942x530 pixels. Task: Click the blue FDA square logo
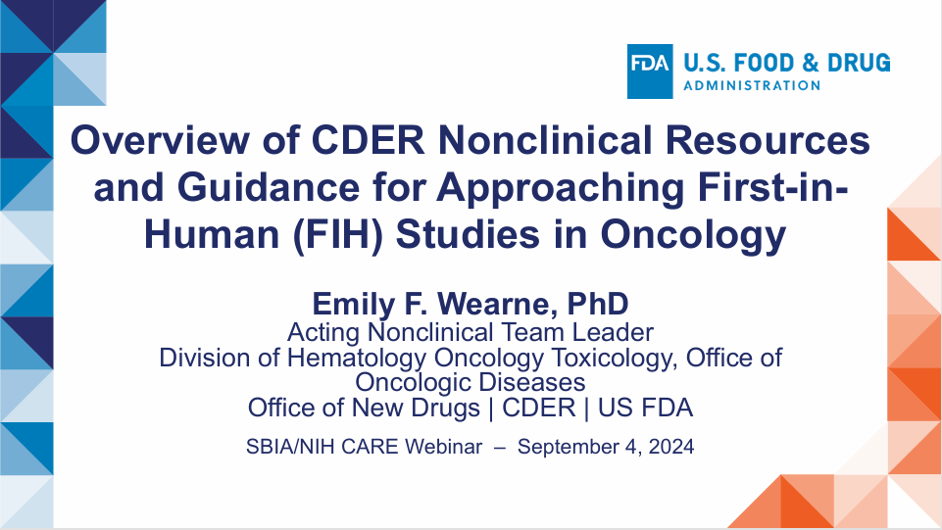(650, 72)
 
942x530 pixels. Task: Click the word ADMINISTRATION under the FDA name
(752, 86)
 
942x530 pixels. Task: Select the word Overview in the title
(160, 140)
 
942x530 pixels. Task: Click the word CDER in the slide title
(368, 140)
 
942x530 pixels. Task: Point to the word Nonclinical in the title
(545, 140)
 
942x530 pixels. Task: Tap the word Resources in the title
(768, 140)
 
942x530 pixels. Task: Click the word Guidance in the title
(268, 188)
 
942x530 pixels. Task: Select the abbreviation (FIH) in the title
(337, 234)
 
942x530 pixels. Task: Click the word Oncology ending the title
(693, 235)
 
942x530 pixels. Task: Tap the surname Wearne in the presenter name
(493, 304)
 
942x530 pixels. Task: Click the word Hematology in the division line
(356, 359)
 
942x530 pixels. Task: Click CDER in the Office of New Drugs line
(539, 408)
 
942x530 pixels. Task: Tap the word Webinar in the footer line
(443, 447)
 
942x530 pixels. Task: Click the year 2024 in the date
(671, 447)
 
